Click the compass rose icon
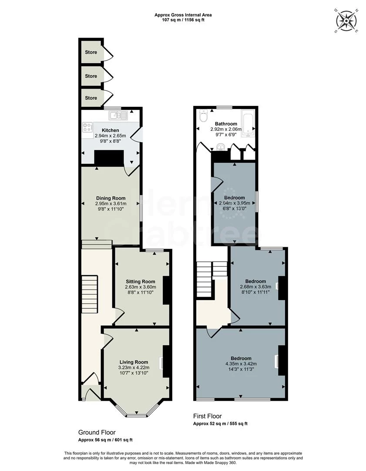tap(346, 20)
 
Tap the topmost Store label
tap(91, 52)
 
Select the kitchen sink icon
tap(118, 116)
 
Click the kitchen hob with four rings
tap(87, 128)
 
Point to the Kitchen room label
tap(110, 130)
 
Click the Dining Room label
tap(110, 198)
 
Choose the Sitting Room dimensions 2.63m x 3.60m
tap(140, 287)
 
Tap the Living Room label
tap(134, 362)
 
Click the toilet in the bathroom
tap(203, 117)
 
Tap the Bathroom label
tap(225, 124)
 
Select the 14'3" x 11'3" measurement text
tap(241, 369)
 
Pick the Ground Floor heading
tap(97, 432)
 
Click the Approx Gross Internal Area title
tap(183, 15)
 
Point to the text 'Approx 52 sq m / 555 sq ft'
tap(220, 424)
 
